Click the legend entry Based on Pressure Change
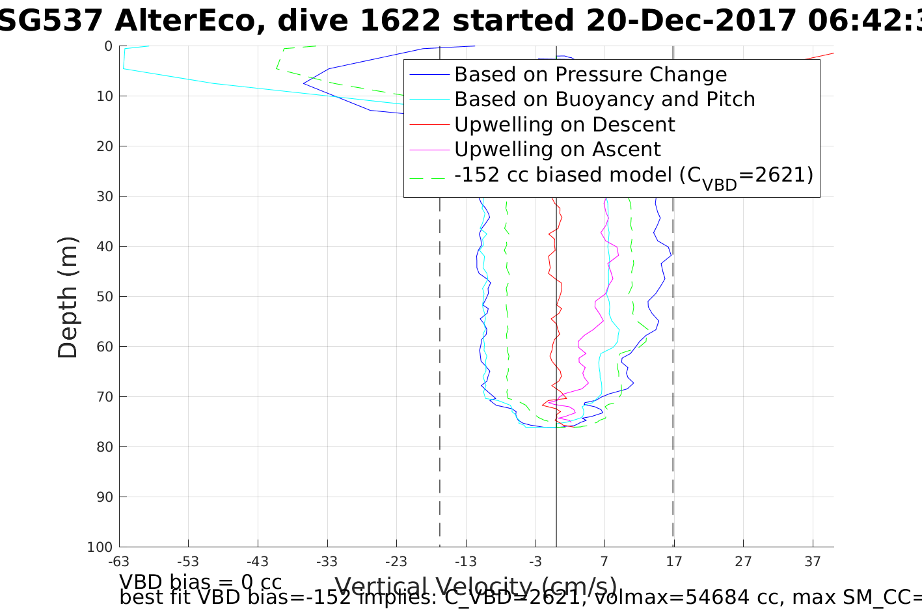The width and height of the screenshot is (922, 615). (590, 75)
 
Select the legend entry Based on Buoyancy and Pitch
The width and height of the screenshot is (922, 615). (604, 100)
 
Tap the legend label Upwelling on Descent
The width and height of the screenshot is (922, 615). (564, 124)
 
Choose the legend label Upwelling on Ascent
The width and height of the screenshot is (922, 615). (557, 150)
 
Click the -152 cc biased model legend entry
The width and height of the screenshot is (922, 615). (633, 175)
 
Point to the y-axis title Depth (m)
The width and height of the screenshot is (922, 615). (68, 297)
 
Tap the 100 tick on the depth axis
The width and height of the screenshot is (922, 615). (100, 547)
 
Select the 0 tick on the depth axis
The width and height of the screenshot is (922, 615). (108, 46)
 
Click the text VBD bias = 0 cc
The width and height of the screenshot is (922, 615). (200, 582)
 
